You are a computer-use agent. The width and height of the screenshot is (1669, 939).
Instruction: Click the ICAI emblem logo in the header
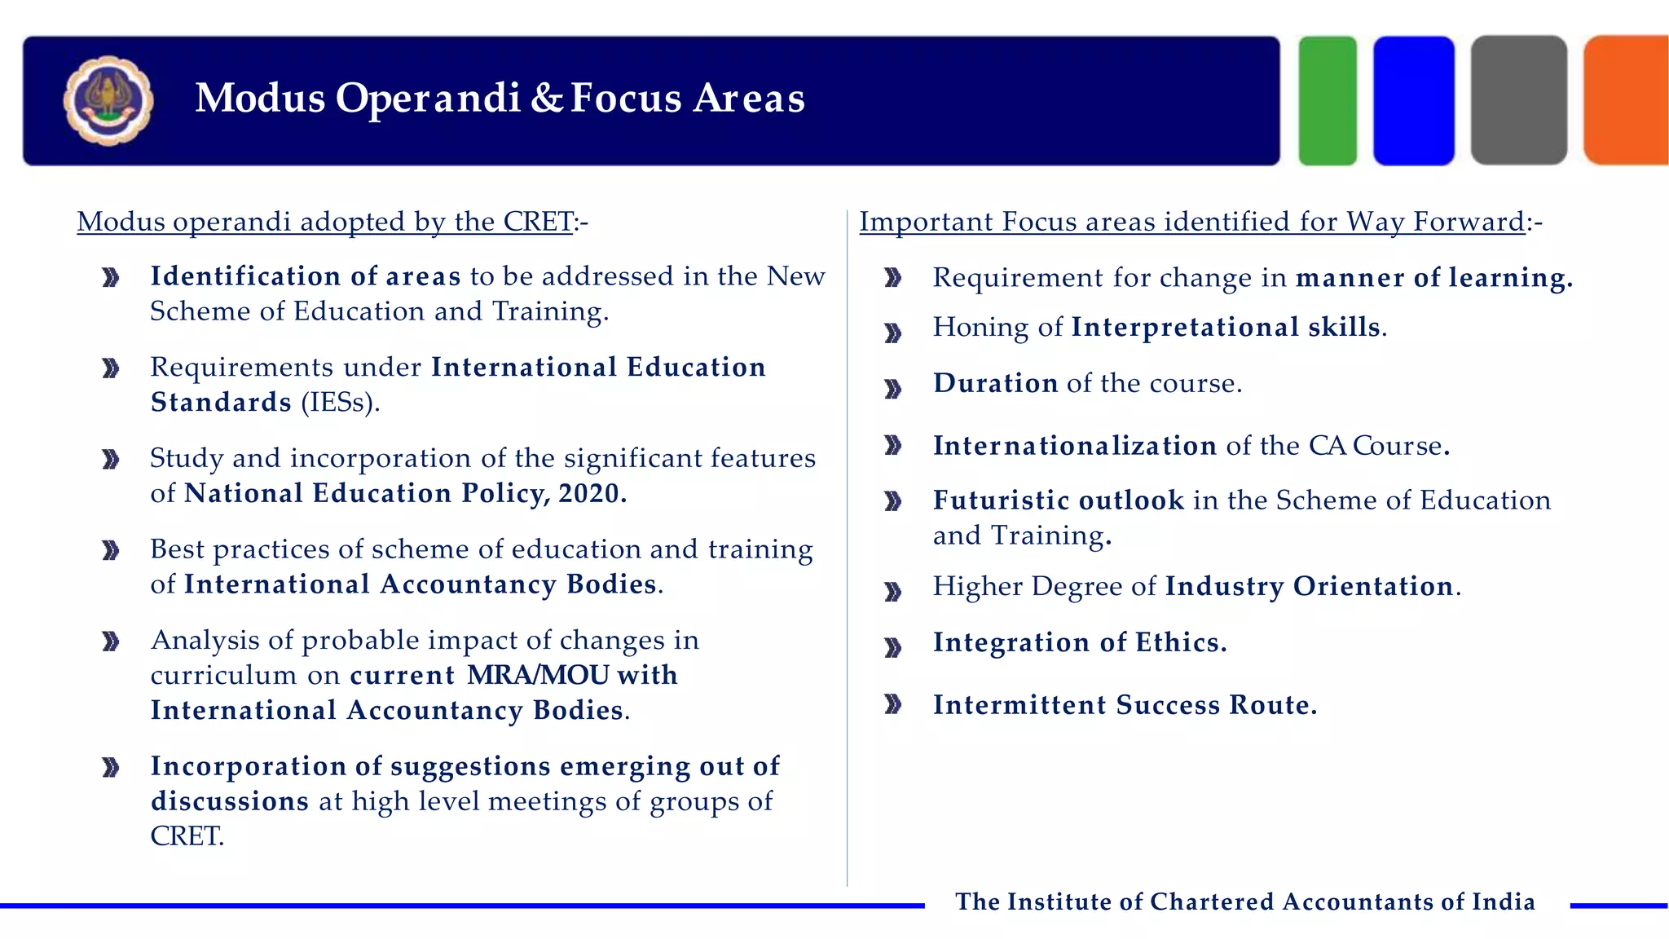[108, 100]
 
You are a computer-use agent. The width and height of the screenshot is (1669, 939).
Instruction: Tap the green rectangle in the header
[1327, 100]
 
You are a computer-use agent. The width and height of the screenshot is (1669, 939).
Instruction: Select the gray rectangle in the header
[1518, 100]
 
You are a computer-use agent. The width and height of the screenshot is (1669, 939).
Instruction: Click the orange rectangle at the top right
[1627, 100]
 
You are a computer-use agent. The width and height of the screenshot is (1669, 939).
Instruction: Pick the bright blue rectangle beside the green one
[1413, 100]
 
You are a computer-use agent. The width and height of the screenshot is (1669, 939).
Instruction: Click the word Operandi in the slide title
[428, 99]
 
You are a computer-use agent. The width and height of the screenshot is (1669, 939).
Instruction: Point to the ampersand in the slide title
[546, 99]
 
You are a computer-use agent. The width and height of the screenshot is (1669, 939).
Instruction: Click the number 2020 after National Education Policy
[592, 493]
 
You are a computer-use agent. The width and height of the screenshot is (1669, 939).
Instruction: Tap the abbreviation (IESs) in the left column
[340, 403]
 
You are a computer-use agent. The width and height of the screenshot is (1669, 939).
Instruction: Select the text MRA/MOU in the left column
[538, 675]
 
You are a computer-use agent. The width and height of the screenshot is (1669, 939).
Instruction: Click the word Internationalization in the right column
[1074, 446]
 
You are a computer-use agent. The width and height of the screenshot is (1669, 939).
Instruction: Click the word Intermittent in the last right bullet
[1019, 705]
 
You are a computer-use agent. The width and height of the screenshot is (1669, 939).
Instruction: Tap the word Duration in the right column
[995, 383]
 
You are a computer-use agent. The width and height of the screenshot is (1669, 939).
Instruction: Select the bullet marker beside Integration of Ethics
[893, 648]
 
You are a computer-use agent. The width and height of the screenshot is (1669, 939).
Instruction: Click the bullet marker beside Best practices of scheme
[111, 552]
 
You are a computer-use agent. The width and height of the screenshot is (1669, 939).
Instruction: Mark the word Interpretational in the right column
[1185, 327]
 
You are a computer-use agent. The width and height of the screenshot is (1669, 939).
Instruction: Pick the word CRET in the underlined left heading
[538, 222]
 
